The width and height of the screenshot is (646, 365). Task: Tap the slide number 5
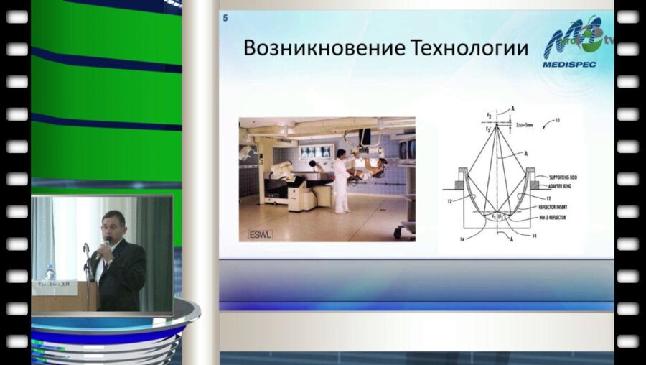[225, 19]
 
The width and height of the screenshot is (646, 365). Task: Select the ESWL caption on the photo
[256, 234]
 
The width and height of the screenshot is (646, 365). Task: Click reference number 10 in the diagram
[555, 121]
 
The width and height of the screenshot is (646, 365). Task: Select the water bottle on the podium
[50, 272]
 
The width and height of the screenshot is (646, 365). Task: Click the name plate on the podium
[54, 285]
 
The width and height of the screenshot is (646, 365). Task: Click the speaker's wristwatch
[103, 263]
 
